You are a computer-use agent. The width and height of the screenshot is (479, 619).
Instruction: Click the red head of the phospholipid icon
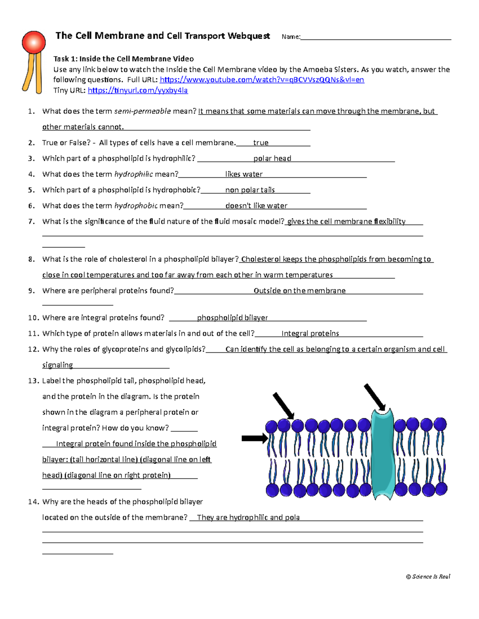coord(34,42)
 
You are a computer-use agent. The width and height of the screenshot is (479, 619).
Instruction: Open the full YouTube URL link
coord(262,80)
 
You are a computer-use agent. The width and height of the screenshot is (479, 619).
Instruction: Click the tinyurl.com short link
coord(137,90)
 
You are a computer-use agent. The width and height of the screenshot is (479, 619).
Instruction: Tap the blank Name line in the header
coord(375,37)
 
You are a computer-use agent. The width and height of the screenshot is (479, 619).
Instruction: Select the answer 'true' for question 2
coord(261,143)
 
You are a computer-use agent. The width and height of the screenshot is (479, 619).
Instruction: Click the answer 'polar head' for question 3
coord(272,159)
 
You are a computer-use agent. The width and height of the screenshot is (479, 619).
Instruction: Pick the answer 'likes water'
coord(244,174)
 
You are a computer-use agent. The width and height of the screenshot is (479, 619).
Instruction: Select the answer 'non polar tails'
coord(250,190)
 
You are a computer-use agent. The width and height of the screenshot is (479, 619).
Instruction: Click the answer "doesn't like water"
coord(256,206)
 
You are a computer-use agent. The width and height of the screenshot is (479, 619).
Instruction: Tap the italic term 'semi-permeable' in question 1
coord(143,111)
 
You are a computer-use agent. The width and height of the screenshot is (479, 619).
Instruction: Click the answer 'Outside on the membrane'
coord(299,291)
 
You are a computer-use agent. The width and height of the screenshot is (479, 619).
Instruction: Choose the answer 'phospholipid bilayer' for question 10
coord(232,318)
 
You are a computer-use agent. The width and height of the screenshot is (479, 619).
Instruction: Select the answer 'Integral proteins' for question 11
coord(310,334)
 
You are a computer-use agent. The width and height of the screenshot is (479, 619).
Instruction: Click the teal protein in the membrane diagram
coord(382,454)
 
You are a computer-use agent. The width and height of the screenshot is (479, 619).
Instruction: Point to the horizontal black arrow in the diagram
coord(255,438)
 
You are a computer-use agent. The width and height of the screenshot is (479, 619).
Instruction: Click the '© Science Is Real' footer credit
coord(428,576)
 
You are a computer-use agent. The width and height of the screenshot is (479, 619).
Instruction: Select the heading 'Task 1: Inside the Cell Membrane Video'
coord(124,59)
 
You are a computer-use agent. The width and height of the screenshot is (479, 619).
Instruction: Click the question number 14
coord(34,502)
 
